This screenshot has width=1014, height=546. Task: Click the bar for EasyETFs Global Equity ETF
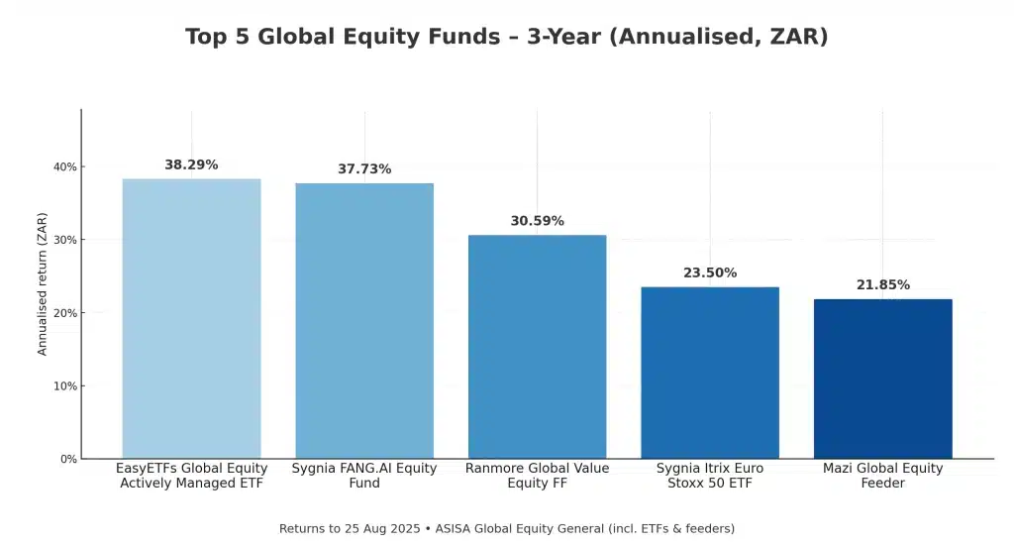click(x=191, y=318)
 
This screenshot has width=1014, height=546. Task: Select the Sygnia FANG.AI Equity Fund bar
click(x=364, y=320)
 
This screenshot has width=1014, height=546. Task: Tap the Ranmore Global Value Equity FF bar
click(x=537, y=346)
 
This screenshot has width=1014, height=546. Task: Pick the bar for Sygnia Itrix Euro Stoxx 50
click(x=710, y=373)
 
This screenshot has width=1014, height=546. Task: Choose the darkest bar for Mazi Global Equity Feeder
click(x=882, y=379)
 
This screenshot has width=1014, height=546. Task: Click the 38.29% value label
click(x=191, y=164)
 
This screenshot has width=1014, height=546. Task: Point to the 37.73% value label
click(x=364, y=169)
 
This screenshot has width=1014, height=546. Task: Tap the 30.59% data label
click(x=537, y=221)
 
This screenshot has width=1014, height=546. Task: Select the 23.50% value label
click(x=710, y=273)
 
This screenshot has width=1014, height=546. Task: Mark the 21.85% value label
click(x=882, y=285)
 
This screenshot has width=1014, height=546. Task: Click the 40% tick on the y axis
click(x=65, y=166)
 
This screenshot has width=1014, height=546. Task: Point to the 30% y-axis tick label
click(x=65, y=240)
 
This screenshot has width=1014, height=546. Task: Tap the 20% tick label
click(x=65, y=313)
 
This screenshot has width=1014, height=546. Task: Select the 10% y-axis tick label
click(x=65, y=385)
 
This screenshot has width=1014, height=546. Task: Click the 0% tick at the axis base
click(x=68, y=459)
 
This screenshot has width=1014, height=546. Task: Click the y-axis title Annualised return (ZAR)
click(x=43, y=283)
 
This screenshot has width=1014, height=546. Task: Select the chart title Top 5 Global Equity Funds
click(x=506, y=37)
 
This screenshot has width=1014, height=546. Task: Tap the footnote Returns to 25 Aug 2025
click(x=506, y=528)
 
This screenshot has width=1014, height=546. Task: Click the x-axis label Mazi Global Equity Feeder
click(x=882, y=476)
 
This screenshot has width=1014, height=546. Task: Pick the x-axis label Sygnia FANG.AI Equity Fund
click(x=364, y=476)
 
